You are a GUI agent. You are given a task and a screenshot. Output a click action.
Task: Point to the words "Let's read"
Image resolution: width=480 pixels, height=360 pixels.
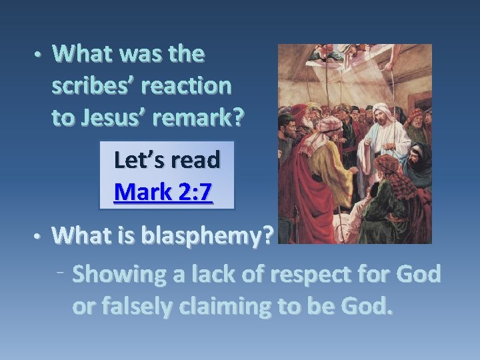[x=167, y=160]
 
